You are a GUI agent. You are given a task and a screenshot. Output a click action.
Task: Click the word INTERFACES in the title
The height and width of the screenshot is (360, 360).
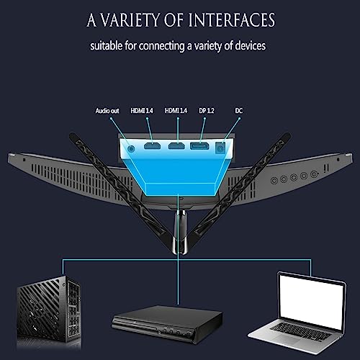[x=232, y=20]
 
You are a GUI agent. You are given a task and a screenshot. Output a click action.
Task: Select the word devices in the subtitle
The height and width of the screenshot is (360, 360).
[x=251, y=45]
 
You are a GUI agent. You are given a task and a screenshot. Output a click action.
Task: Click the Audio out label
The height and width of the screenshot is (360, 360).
[x=107, y=111]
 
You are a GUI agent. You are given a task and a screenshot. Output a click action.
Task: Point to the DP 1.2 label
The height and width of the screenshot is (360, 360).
[x=207, y=111]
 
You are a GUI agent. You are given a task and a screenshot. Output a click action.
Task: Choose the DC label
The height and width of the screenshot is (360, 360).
[x=239, y=111]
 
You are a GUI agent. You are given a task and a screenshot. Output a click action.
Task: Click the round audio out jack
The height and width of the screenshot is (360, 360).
[x=131, y=148]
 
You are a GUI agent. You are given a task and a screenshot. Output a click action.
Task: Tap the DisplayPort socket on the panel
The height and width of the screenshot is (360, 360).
[x=199, y=146]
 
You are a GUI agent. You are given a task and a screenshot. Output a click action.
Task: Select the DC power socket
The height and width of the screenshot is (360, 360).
[x=220, y=148]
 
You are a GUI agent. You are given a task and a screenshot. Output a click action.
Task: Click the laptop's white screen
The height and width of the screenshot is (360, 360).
[x=312, y=302]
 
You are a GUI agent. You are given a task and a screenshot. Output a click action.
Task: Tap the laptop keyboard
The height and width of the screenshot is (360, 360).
[x=300, y=331]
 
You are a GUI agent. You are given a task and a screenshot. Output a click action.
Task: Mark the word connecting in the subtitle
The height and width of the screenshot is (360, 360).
[x=161, y=46]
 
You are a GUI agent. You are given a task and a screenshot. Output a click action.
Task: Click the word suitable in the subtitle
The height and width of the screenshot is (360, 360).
[x=106, y=45]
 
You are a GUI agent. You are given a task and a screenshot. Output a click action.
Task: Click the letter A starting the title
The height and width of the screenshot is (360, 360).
[x=91, y=20]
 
